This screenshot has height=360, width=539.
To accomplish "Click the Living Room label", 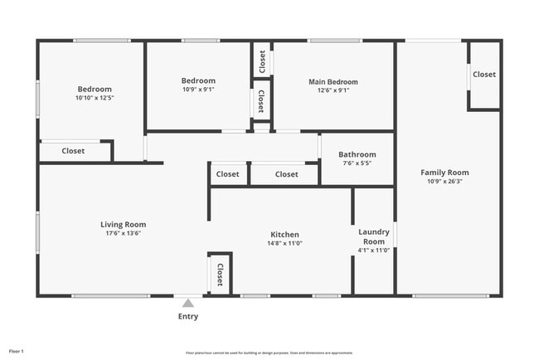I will pyautogui.click(x=123, y=224).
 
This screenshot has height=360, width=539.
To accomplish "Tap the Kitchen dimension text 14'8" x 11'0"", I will pyautogui.click(x=284, y=243).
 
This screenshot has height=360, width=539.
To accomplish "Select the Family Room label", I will pyautogui.click(x=448, y=173).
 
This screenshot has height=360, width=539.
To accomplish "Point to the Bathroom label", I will pyautogui.click(x=357, y=154).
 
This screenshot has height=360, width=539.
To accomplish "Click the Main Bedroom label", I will pyautogui.click(x=333, y=81).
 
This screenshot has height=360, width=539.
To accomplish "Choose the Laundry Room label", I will pyautogui.click(x=373, y=236).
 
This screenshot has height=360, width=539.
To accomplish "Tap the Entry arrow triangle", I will pyautogui.click(x=188, y=304).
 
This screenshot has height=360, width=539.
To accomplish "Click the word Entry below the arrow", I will pyautogui.click(x=188, y=316).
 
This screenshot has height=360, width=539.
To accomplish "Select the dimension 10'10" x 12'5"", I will pyautogui.click(x=95, y=98).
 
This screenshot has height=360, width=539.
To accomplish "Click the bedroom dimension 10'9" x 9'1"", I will pyautogui.click(x=198, y=90).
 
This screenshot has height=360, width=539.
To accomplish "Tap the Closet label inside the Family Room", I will pyautogui.click(x=484, y=74).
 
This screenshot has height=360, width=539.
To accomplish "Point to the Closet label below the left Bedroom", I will pyautogui.click(x=73, y=151).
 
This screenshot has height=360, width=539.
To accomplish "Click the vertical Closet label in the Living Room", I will pyautogui.click(x=220, y=274).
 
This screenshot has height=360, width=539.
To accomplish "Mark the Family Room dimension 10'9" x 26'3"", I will pyautogui.click(x=448, y=181).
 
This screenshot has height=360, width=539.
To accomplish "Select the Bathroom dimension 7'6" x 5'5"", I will pyautogui.click(x=357, y=163).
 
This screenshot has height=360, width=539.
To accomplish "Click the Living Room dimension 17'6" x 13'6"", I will pyautogui.click(x=123, y=233).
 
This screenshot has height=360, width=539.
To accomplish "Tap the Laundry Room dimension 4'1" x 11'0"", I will pyautogui.click(x=373, y=250).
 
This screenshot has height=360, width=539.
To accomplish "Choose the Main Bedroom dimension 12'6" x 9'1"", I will pyautogui.click(x=333, y=90).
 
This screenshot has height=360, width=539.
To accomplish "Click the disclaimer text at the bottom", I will pyautogui.click(x=269, y=352).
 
